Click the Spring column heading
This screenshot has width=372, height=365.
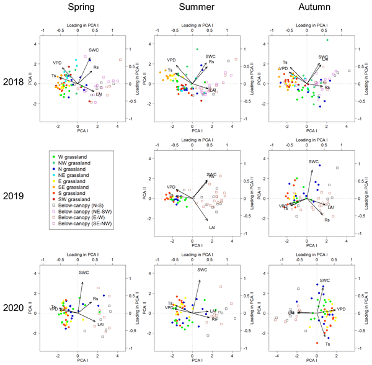point(80,9)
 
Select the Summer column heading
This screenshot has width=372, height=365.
point(196,9)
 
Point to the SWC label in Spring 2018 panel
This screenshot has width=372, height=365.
point(94,50)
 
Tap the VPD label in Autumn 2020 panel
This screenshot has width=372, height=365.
point(341,308)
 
